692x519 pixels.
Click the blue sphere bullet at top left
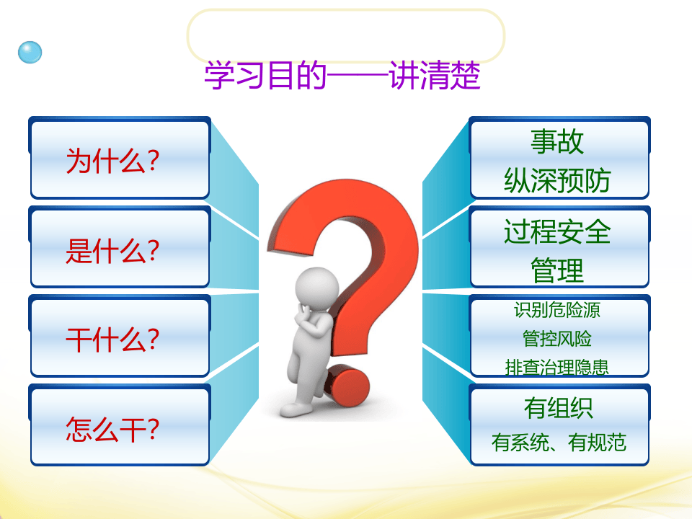tap(30, 52)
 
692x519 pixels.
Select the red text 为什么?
tap(112, 161)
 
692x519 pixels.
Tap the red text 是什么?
tap(112, 250)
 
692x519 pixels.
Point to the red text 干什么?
tap(112, 339)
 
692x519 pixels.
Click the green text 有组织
tap(559, 408)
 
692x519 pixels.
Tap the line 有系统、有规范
tap(559, 442)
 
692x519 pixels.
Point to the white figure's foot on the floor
tap(296, 409)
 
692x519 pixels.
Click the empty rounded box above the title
tap(345, 35)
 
